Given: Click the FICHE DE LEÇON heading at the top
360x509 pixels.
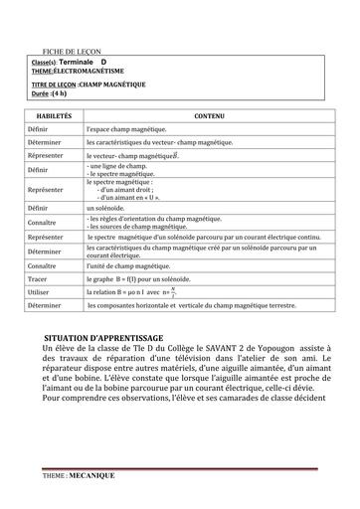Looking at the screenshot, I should click(79, 51).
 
